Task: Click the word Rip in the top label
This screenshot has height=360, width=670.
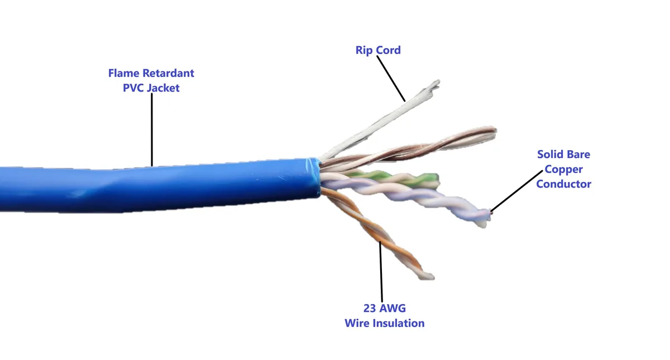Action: click(x=363, y=50)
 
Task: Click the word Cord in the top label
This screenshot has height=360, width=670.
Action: click(x=388, y=50)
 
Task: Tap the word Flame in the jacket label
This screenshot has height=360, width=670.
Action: click(x=123, y=73)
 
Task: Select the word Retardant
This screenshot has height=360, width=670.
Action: click(x=169, y=73)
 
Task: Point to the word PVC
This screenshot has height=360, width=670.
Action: click(x=133, y=88)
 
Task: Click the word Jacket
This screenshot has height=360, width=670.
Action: click(x=163, y=88)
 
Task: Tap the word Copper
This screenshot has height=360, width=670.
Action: click(x=563, y=170)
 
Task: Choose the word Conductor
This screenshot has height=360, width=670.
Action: click(x=563, y=184)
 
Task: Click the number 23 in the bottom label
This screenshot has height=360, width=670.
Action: click(x=370, y=308)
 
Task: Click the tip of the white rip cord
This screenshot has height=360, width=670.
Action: click(x=438, y=81)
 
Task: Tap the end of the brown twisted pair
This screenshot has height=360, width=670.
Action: click(x=495, y=132)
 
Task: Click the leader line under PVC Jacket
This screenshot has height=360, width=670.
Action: click(x=152, y=129)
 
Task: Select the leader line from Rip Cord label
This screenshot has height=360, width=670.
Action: click(x=391, y=79)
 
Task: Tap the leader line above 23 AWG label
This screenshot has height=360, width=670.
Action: click(x=381, y=272)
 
